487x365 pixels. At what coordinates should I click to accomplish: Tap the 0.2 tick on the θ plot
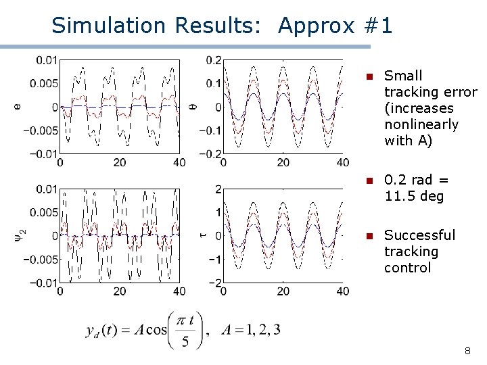point(214,60)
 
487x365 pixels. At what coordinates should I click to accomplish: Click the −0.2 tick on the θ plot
point(210,153)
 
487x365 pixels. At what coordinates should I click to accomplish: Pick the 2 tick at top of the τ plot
point(218,189)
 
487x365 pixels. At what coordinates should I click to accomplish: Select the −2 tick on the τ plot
point(215,283)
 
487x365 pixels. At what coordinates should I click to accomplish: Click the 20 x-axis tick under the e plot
point(120,163)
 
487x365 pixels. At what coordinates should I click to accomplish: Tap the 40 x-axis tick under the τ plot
point(343,291)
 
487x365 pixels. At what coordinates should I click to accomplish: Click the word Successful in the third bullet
point(419,235)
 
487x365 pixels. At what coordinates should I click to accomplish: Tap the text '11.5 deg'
point(413,197)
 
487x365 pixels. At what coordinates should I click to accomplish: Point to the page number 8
point(467,351)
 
